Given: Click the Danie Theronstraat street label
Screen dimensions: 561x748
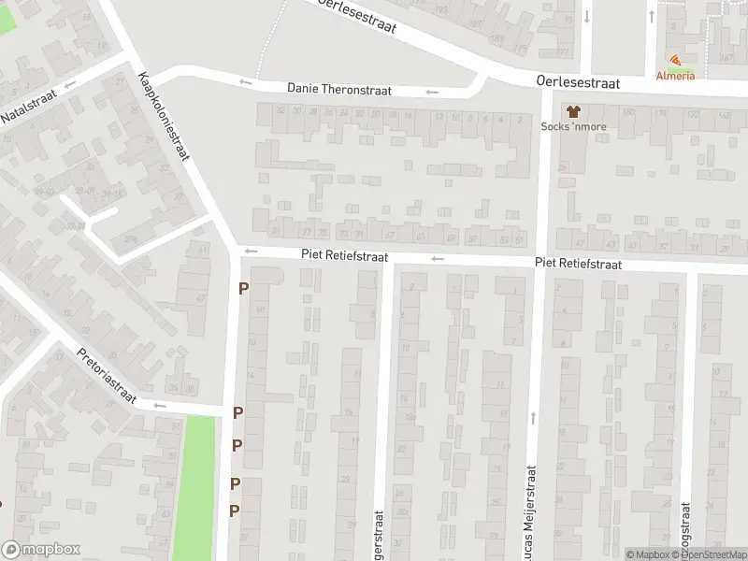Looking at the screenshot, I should point(338,90).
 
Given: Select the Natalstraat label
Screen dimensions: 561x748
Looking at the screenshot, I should point(28,108).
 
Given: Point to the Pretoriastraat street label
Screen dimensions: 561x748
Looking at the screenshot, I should point(107,376).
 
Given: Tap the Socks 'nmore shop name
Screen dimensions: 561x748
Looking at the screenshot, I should point(574,126).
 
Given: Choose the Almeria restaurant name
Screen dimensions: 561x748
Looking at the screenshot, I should point(675,76).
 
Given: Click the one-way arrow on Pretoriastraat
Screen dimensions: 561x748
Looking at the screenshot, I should point(159,406).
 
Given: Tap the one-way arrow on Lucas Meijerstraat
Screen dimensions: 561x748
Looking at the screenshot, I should point(533,418).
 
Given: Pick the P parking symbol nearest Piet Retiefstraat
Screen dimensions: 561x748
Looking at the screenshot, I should point(243,289).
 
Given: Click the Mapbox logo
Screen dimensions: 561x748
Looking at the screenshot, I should point(40,550).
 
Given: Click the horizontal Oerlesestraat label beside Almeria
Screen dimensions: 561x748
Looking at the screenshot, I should point(580,82).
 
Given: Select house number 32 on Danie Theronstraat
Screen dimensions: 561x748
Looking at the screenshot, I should point(280,111).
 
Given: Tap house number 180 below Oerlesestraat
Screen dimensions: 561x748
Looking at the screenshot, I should point(626,113).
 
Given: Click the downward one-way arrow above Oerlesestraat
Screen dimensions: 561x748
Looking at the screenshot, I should point(586,15).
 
